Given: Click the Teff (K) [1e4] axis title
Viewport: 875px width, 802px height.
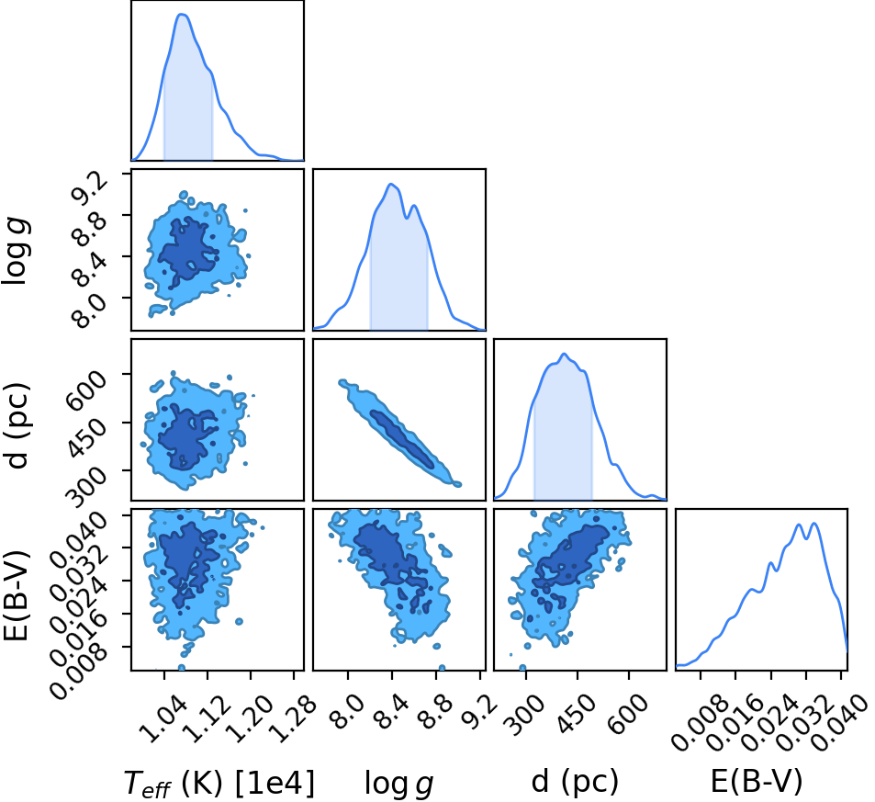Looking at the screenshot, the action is click(x=219, y=783).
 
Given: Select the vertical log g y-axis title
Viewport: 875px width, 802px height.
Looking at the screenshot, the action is click(x=17, y=253).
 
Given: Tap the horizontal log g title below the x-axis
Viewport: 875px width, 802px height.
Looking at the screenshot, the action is click(x=399, y=783).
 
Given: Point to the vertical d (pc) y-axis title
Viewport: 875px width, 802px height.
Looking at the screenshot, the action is click(x=17, y=425).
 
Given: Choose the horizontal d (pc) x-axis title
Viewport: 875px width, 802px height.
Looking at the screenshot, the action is click(x=575, y=781).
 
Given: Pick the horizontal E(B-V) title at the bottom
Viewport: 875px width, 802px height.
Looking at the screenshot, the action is click(x=757, y=781).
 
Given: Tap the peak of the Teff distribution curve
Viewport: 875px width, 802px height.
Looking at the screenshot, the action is click(x=182, y=15).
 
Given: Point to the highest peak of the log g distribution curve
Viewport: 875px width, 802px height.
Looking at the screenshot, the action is click(x=391, y=185).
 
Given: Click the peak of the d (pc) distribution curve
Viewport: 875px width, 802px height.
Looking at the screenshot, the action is click(x=564, y=354).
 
